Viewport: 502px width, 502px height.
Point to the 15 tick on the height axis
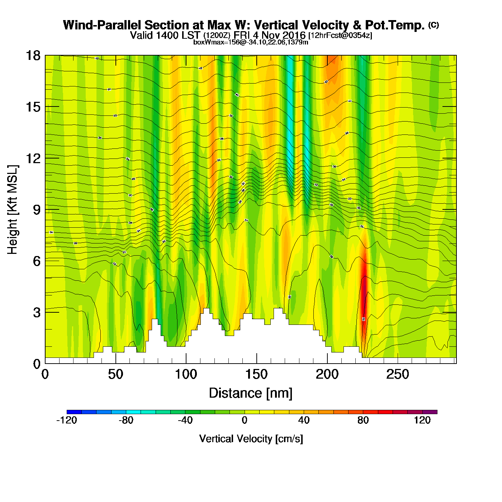coord(33,107)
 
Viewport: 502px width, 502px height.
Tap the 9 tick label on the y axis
coord(37,210)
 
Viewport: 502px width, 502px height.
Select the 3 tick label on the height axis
coord(37,312)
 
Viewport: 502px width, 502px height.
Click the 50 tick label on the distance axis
coord(115,375)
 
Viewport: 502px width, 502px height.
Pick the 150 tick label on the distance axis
coord(256,375)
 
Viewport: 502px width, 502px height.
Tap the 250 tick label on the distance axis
coord(397,375)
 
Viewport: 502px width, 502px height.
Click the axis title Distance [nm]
coord(251,393)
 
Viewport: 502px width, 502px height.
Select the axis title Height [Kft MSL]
coord(13,210)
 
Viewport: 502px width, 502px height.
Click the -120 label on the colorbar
coord(67,420)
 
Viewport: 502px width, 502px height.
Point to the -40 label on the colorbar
coord(185,420)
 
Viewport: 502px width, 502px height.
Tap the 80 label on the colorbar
coord(363,420)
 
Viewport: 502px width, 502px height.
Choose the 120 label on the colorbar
coord(422,420)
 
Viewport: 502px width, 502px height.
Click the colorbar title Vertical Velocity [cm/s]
coord(251,439)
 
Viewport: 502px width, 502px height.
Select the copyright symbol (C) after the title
coord(434,25)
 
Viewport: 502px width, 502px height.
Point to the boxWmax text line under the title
coord(251,42)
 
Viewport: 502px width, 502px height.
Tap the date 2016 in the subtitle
coord(294,35)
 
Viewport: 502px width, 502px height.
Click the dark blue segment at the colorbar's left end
coord(74,412)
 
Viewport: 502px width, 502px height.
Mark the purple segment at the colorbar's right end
coord(430,412)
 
